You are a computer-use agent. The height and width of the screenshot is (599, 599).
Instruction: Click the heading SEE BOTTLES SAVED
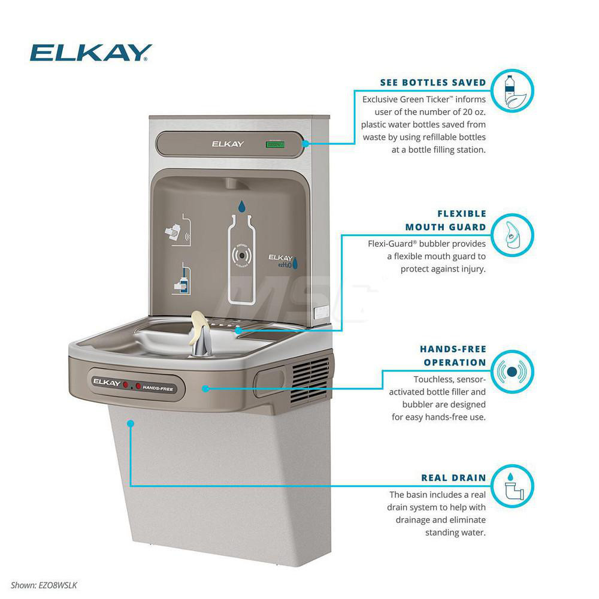[x=432, y=82]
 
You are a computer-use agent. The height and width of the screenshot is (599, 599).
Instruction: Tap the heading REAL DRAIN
[x=453, y=478]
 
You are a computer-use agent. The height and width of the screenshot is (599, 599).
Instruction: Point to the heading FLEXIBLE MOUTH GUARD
[x=453, y=220]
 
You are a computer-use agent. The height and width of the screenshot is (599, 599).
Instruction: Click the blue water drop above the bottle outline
[x=241, y=207]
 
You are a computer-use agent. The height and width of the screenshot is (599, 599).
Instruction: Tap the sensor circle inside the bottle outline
[x=241, y=254]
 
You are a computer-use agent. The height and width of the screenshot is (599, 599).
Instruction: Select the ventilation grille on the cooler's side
[x=311, y=381]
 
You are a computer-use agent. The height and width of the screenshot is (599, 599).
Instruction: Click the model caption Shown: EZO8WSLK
[x=44, y=585]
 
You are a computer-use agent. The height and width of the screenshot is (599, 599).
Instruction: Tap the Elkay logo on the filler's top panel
[x=228, y=144]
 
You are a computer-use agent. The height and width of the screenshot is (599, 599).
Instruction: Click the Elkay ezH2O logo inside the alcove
[x=280, y=259]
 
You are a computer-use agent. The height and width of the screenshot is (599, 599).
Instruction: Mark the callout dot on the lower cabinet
[x=131, y=423]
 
